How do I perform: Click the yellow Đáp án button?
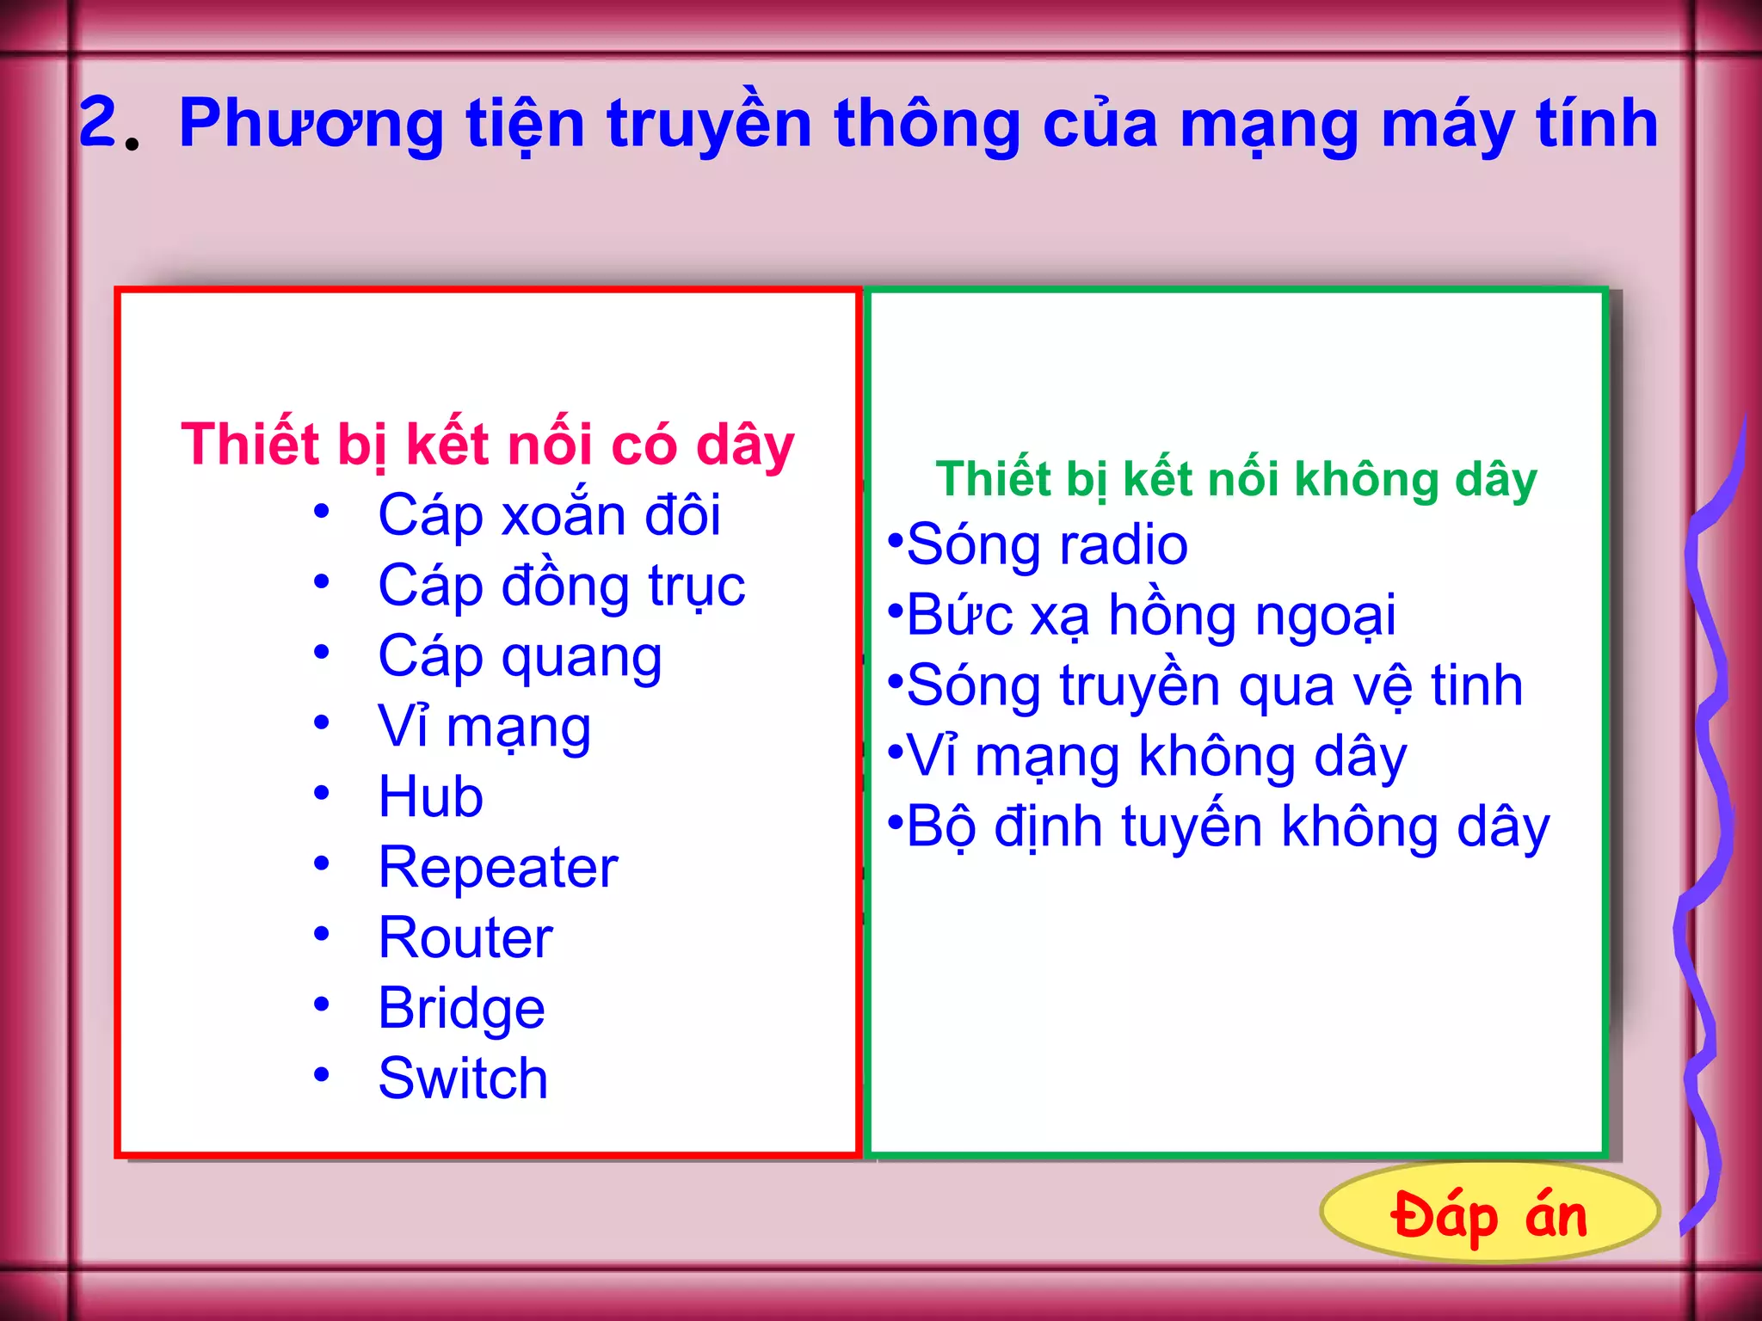point(1488,1213)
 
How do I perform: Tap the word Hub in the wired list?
point(430,796)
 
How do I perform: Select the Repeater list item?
point(498,867)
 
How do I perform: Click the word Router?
point(465,937)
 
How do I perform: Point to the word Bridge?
point(461,1008)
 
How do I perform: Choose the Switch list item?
point(463,1078)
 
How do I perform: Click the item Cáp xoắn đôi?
point(549,516)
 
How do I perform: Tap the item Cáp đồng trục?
point(561,587)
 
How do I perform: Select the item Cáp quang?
point(520,657)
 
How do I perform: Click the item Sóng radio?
point(1047,545)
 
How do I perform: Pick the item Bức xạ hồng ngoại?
point(1151,616)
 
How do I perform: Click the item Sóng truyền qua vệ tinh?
point(1214,686)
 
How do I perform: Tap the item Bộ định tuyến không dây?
point(1228,827)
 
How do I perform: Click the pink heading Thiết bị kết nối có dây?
point(488,445)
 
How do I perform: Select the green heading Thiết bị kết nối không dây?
point(1236,480)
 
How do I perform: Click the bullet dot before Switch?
point(322,1074)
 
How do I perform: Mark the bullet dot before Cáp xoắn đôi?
point(322,512)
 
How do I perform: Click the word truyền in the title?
point(709,124)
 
